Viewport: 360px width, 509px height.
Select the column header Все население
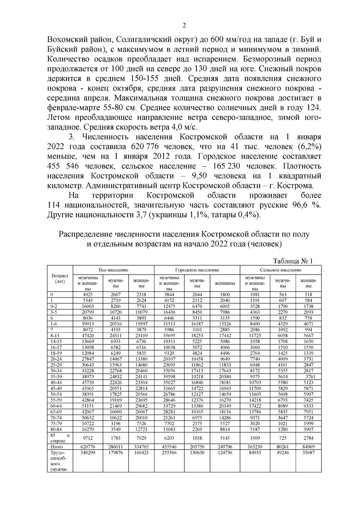click(114, 270)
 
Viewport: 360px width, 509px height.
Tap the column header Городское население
click(197, 270)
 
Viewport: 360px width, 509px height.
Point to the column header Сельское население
click(280, 270)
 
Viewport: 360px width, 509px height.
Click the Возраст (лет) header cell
click(60, 278)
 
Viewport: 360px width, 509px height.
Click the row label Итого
click(56, 447)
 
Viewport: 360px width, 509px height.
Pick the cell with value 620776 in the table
click(88, 447)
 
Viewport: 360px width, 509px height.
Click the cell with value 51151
click(88, 406)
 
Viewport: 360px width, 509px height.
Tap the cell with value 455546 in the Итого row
click(169, 447)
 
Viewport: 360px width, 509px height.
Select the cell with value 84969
click(308, 447)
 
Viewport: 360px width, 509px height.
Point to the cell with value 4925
click(88, 295)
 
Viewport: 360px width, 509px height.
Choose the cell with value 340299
click(88, 452)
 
